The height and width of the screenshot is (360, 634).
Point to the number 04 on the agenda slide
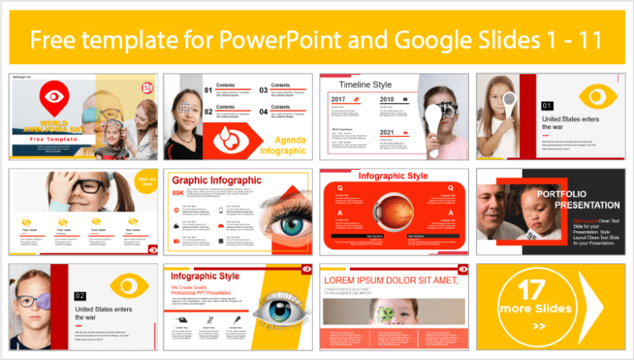[x=263, y=111]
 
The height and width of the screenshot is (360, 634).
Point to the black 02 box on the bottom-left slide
[x=80, y=296]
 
